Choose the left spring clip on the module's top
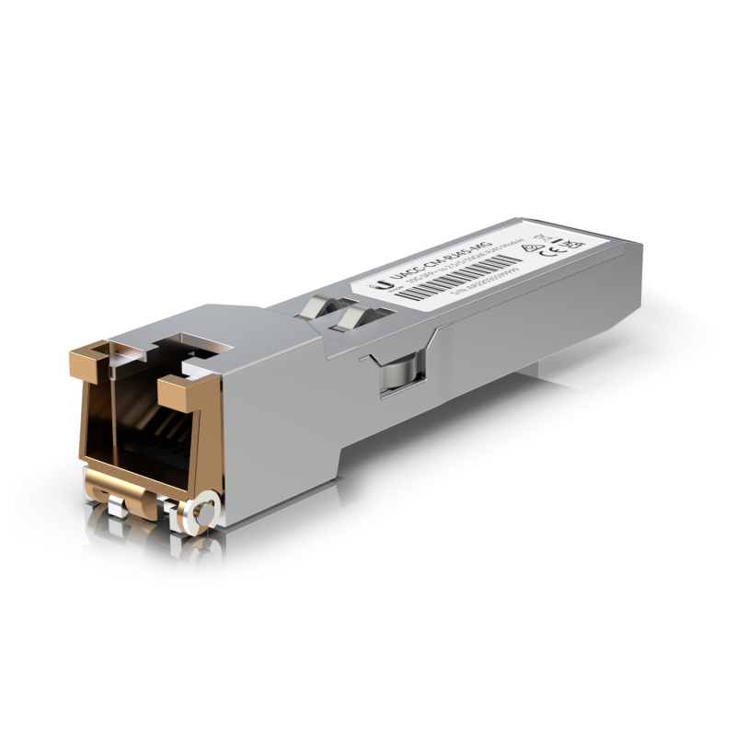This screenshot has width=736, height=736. (318, 307)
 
